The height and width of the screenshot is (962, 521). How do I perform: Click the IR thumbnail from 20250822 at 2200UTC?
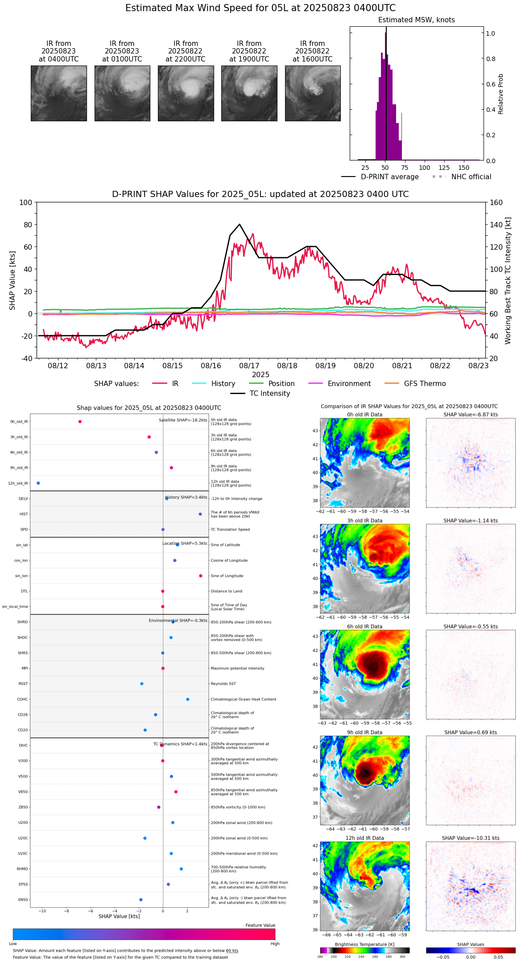click(186, 93)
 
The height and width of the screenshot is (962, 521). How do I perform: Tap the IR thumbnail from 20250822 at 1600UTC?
click(313, 93)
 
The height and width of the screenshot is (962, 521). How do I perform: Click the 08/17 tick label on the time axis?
click(249, 366)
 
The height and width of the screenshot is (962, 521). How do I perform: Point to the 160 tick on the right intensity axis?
click(496, 202)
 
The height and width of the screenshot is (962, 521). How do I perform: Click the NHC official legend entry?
click(471, 177)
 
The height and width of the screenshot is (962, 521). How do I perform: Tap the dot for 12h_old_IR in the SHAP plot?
click(38, 483)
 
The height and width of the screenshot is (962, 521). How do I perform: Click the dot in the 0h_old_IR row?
click(80, 422)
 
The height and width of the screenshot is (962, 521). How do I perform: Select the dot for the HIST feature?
click(200, 514)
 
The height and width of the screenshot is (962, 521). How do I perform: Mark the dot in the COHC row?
click(188, 699)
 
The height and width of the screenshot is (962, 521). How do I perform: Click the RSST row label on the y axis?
click(23, 684)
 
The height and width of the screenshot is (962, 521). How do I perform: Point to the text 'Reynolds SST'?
click(223, 684)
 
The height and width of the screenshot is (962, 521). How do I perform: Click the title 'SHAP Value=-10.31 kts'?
click(471, 838)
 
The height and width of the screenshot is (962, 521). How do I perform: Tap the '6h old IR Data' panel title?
click(364, 626)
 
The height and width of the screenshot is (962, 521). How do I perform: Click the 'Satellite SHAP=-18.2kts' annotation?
click(183, 420)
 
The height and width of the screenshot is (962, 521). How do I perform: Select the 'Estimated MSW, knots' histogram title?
click(416, 20)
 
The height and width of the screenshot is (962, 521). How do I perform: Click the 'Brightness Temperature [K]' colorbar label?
click(364, 944)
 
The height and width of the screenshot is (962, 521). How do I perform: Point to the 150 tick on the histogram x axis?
click(464, 168)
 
